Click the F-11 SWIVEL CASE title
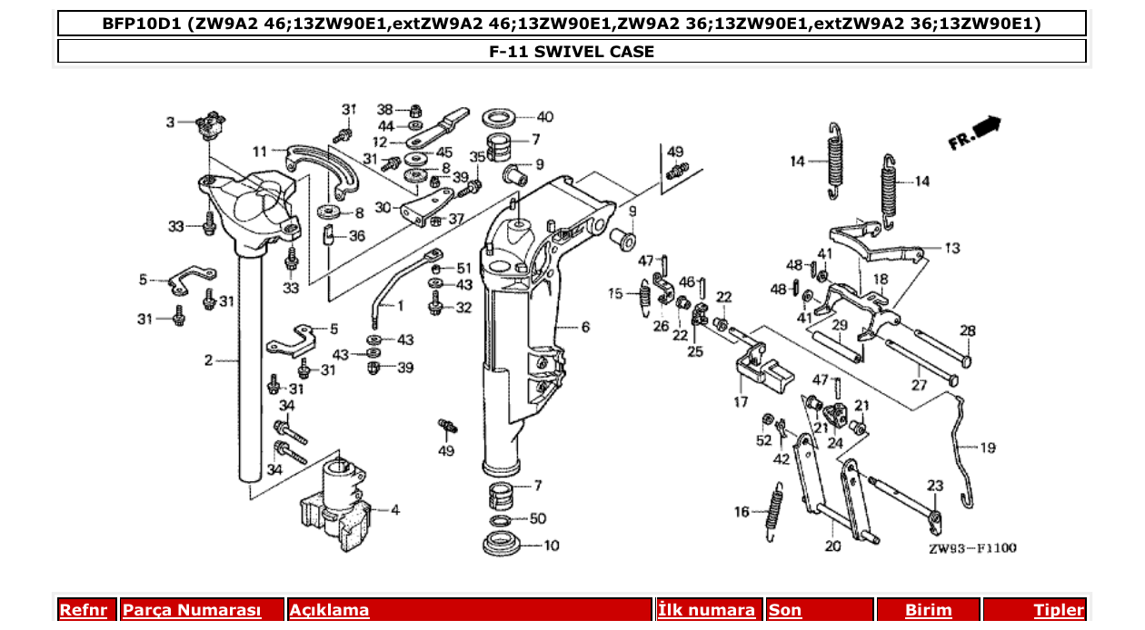tap(572, 52)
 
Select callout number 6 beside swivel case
tap(585, 327)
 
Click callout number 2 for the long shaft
tap(208, 360)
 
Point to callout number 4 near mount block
tap(394, 510)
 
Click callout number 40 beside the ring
tap(544, 117)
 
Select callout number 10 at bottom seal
tap(552, 546)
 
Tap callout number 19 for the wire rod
tap(988, 447)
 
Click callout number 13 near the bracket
tap(951, 247)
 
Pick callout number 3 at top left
tap(170, 122)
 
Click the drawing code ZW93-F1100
tap(972, 548)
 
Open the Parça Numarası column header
tap(192, 610)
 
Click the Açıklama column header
tap(329, 610)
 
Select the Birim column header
tap(928, 610)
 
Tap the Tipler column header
tap(1059, 610)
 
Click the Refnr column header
tap(84, 610)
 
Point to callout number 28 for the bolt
tap(967, 330)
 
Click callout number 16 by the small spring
tap(742, 512)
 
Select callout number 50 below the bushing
tap(538, 518)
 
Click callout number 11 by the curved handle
tap(260, 151)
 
